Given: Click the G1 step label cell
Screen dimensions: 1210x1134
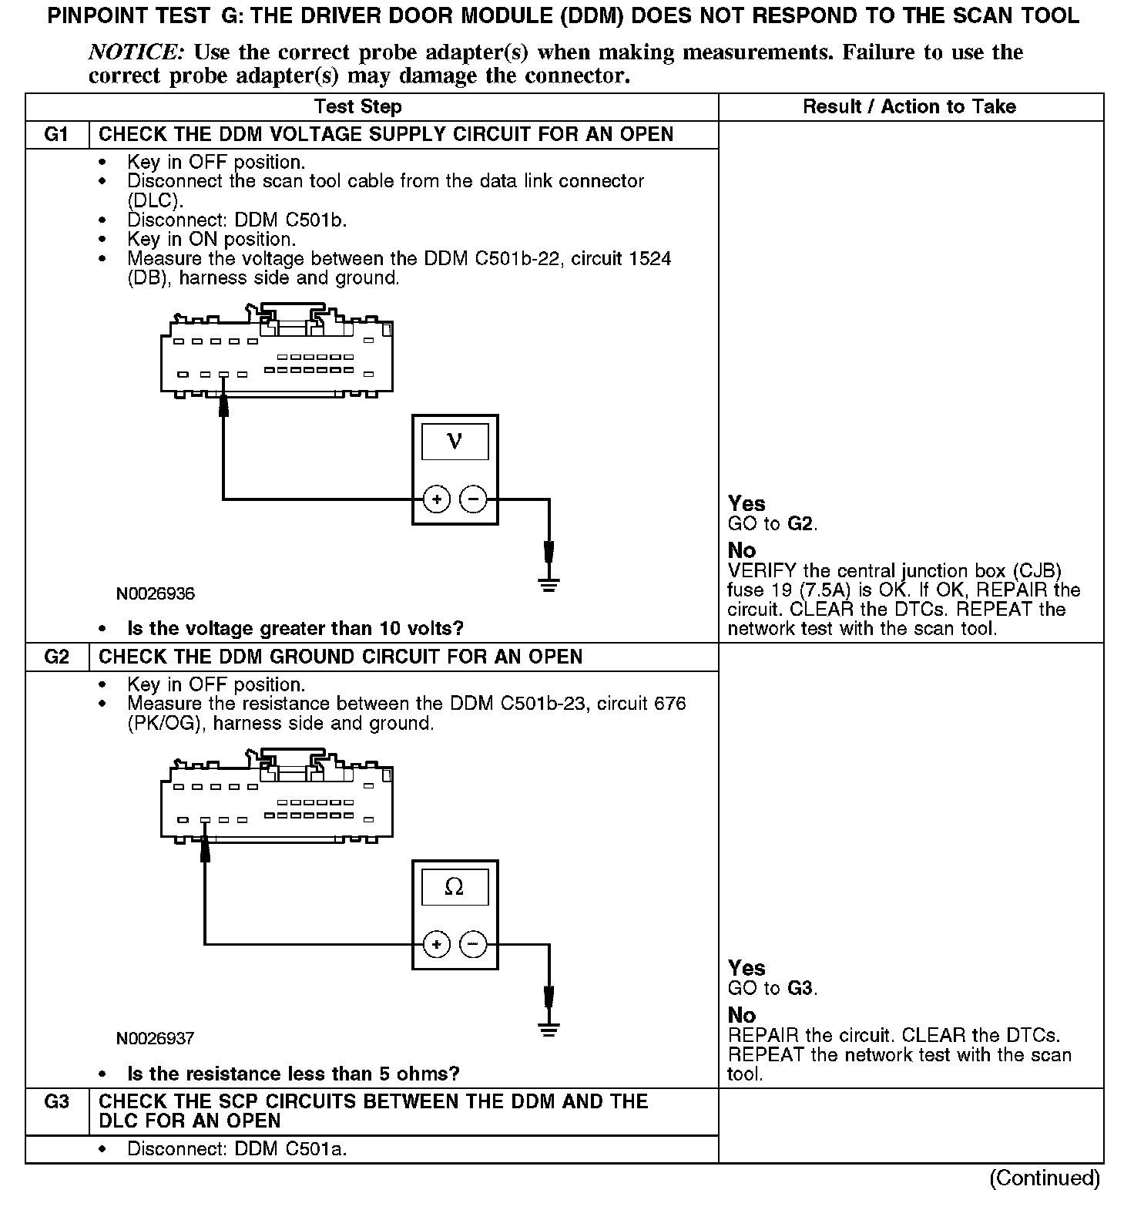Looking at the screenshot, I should pos(57,134).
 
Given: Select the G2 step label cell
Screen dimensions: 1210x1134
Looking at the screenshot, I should pos(57,657).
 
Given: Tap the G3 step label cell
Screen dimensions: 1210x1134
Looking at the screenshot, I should pos(57,1101).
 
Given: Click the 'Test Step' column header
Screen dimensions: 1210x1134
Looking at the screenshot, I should pos(358,107).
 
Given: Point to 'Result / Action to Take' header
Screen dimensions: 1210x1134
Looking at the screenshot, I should pos(909,107).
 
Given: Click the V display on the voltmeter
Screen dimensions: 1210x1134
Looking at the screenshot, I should pos(455,442).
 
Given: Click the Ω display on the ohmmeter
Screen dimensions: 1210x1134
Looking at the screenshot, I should pos(455,887).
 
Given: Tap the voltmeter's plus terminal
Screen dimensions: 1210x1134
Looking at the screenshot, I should pos(436,499).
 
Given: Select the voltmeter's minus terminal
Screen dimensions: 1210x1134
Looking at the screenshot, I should pos(473,499).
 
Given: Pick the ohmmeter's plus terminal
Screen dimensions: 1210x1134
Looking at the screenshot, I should pos(436,944).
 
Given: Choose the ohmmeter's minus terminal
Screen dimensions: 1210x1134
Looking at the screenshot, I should pos(473,944).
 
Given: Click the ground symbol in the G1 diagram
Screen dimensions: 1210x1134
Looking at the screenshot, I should pos(549,583).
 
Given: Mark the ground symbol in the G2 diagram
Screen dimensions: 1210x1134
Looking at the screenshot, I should pos(549,1028).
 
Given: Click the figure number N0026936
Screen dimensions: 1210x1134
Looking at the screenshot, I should pos(156,593).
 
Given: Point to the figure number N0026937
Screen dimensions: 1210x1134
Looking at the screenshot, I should pos(156,1038).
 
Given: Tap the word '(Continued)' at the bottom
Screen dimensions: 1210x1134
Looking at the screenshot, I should pos(1045,1178).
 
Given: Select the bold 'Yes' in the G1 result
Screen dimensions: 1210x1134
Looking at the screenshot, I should pos(746,503).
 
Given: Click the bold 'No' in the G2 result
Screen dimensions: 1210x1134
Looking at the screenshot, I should pos(742,1015).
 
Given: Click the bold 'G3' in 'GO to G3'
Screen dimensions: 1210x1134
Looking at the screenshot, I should pos(800,988).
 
